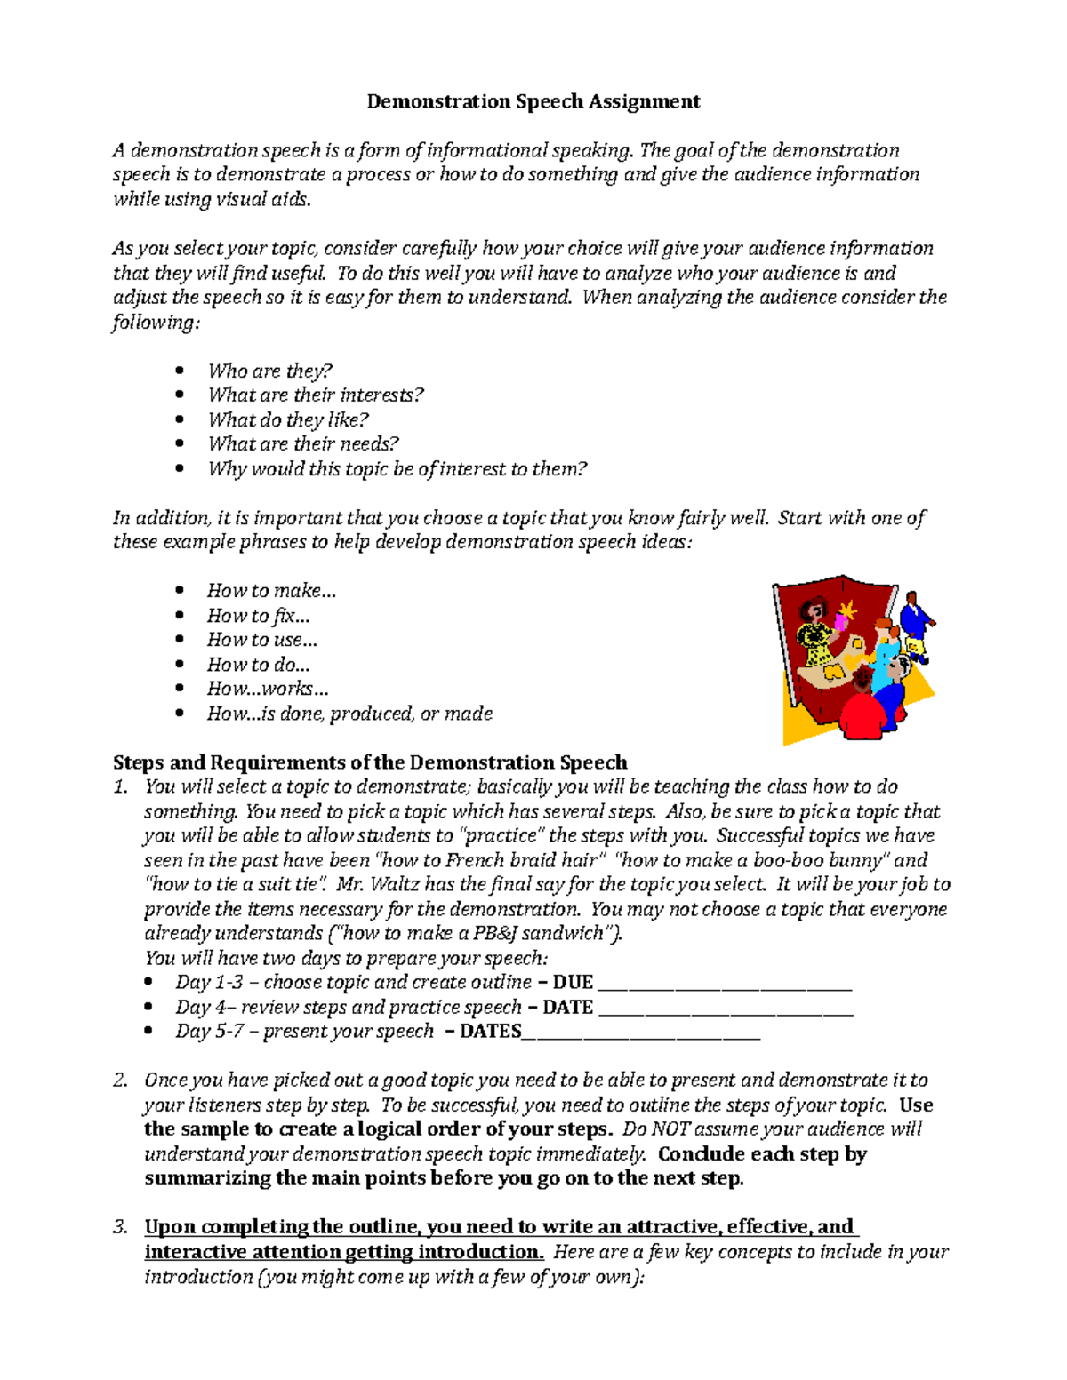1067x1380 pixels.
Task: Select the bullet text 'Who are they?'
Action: click(269, 371)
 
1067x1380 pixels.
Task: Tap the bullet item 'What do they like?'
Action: click(287, 419)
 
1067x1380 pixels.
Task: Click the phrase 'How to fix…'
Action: click(258, 615)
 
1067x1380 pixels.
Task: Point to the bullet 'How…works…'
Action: click(268, 689)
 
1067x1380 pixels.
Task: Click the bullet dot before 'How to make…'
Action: click(181, 590)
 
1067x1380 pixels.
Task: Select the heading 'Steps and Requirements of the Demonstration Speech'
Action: click(370, 762)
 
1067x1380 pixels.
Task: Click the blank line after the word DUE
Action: click(725, 985)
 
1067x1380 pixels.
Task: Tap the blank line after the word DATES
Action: click(641, 1033)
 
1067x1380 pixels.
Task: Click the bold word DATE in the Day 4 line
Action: click(567, 1007)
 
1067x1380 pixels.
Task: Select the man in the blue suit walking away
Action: click(915, 626)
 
